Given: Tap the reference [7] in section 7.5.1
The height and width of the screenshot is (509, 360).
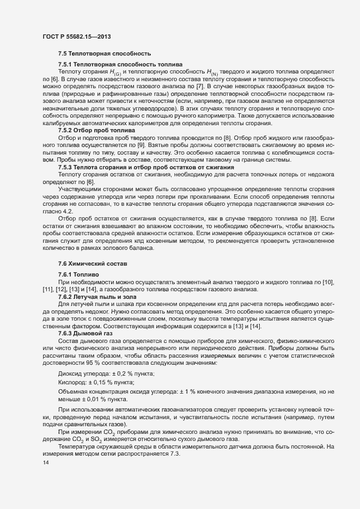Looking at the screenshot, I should coord(200,87).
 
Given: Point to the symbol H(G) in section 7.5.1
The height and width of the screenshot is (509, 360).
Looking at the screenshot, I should coord(116,72).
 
